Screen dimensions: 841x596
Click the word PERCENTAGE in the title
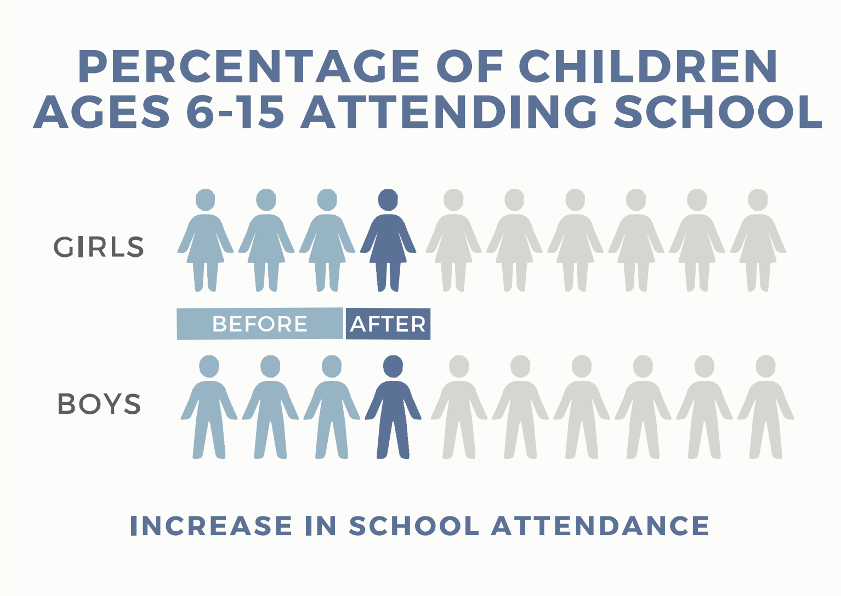click(248, 66)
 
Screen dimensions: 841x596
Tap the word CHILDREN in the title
click(648, 66)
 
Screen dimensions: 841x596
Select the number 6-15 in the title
click(235, 111)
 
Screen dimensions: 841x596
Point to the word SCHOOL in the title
click(718, 111)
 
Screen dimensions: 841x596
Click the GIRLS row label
click(99, 248)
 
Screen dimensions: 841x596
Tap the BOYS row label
click(99, 404)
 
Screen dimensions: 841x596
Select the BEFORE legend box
click(260, 324)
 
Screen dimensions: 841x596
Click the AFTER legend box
click(388, 324)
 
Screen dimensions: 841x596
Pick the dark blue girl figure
click(388, 240)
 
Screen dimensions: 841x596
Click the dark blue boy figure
click(393, 408)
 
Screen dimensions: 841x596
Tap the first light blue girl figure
click(206, 240)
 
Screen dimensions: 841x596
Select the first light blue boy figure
click(209, 408)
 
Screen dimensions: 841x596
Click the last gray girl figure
click(758, 240)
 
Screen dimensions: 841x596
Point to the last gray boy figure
click(766, 408)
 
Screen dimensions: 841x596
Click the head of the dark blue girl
click(388, 200)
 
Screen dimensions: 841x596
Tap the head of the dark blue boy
click(393, 366)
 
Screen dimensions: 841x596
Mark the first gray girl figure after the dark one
click(453, 240)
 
